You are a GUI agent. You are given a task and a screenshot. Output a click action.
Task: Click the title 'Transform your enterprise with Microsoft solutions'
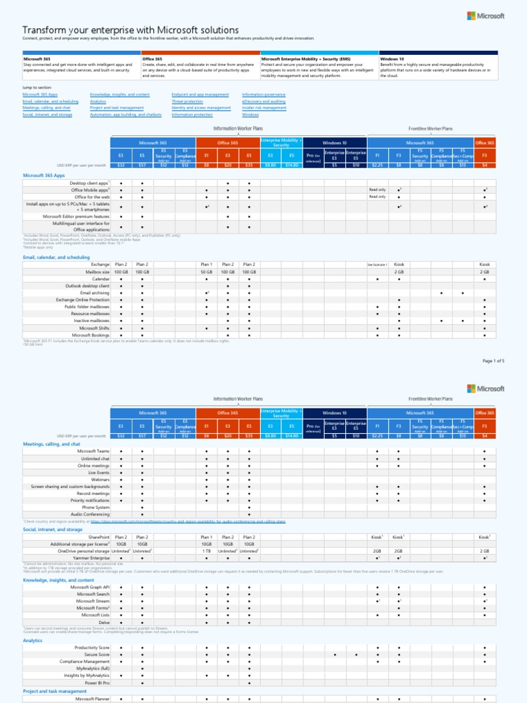pyautogui.click(x=130, y=30)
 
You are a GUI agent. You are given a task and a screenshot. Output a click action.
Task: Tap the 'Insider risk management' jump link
pyautogui.click(x=264, y=108)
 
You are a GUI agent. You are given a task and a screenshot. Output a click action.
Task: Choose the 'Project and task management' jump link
pyautogui.click(x=117, y=108)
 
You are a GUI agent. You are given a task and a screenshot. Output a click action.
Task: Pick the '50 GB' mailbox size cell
pyautogui.click(x=206, y=272)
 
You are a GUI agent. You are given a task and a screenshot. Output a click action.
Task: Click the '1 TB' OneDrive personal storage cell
pyautogui.click(x=206, y=551)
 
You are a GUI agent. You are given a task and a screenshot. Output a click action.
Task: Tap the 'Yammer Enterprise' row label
pyautogui.click(x=91, y=558)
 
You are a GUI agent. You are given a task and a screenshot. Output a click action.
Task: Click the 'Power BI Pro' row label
pyautogui.click(x=97, y=683)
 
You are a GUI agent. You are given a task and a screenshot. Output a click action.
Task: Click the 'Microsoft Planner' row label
pyautogui.click(x=92, y=699)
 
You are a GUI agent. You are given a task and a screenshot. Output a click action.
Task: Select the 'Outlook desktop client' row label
pyautogui.click(x=87, y=286)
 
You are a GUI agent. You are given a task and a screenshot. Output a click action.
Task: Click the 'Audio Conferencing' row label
pyautogui.click(x=91, y=514)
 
